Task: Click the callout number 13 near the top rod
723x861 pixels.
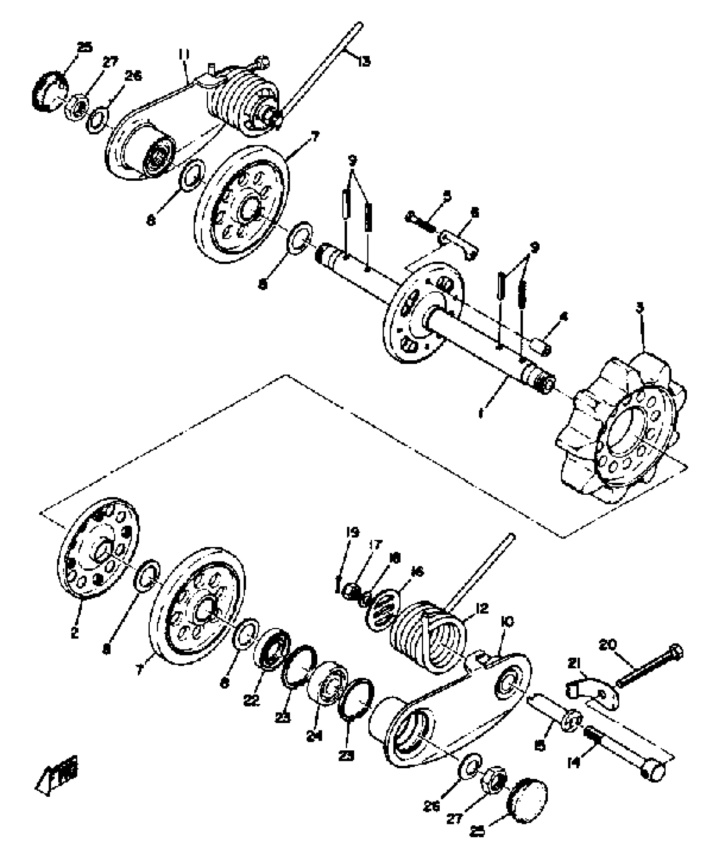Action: [x=364, y=62]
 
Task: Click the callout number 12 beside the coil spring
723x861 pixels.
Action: [x=482, y=608]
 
